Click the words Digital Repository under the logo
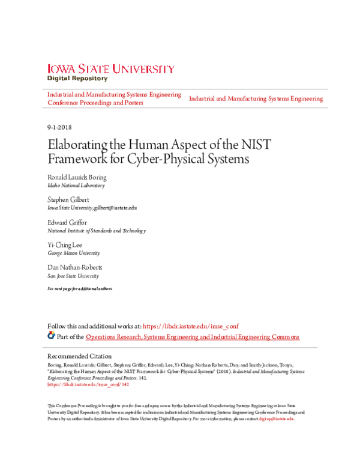pyautogui.click(x=77, y=79)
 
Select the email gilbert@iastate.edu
pyautogui.click(x=115, y=208)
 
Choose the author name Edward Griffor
pyautogui.click(x=67, y=222)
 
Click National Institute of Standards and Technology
pyautogui.click(x=96, y=231)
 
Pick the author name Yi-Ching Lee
pyautogui.click(x=65, y=245)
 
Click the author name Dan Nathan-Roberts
pyautogui.click(x=75, y=267)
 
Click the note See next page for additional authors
pyautogui.click(x=79, y=289)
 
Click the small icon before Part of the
pyautogui.click(x=51, y=336)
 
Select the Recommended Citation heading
pyautogui.click(x=79, y=356)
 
